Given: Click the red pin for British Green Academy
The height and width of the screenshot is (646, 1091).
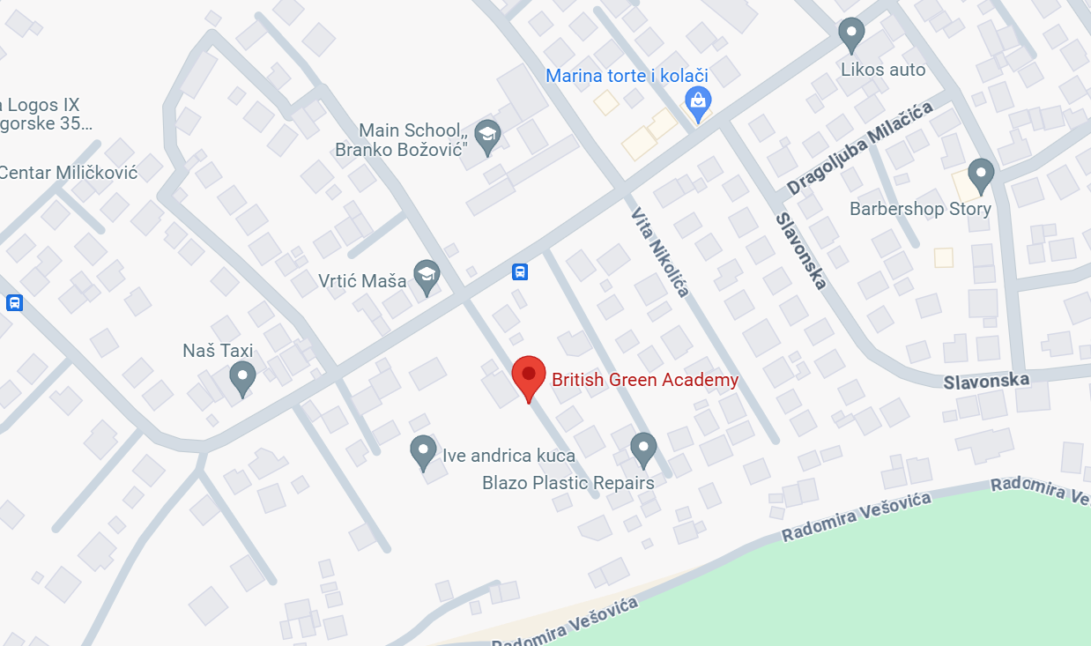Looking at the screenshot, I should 529,376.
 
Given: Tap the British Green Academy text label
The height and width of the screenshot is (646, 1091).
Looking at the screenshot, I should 645,380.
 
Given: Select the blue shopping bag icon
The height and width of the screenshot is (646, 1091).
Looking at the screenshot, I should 698,103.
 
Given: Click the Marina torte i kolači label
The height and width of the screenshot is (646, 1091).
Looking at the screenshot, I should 627,76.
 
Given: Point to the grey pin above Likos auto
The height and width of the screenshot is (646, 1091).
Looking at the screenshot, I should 850,34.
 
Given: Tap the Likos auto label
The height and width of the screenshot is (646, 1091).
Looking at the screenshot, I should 883,70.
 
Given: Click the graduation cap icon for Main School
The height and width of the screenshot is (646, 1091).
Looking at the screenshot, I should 486,136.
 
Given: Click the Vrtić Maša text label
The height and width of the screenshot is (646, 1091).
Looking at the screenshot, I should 362,281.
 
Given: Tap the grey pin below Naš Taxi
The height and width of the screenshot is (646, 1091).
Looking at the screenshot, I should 242,378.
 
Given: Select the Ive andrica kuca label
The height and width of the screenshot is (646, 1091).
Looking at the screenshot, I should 508,456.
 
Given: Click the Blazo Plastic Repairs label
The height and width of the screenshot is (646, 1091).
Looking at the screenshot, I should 568,483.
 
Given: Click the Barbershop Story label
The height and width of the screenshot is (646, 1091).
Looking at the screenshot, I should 920,209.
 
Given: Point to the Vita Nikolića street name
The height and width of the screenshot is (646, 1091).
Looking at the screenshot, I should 659,252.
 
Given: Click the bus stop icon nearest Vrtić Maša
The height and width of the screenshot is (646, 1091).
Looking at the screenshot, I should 520,271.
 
